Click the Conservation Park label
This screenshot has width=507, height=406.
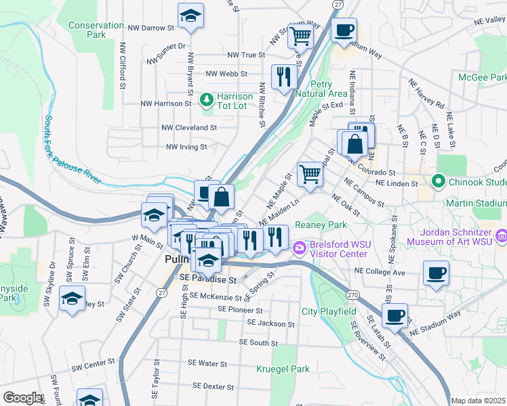tap(96, 30)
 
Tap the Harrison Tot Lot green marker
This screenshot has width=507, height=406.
tap(207, 101)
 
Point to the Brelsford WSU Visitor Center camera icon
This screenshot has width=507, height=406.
tap(299, 249)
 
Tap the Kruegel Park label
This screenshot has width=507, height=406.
tap(283, 369)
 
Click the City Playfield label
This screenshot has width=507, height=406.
tap(329, 311)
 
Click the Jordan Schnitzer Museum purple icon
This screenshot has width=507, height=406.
tap(501, 235)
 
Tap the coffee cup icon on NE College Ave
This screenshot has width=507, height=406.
tap(436, 273)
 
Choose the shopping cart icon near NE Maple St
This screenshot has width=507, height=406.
tap(310, 173)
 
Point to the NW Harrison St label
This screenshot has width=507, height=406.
tap(166, 104)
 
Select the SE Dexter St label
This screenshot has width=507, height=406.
tap(213, 386)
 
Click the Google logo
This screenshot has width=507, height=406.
tap(22, 398)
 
